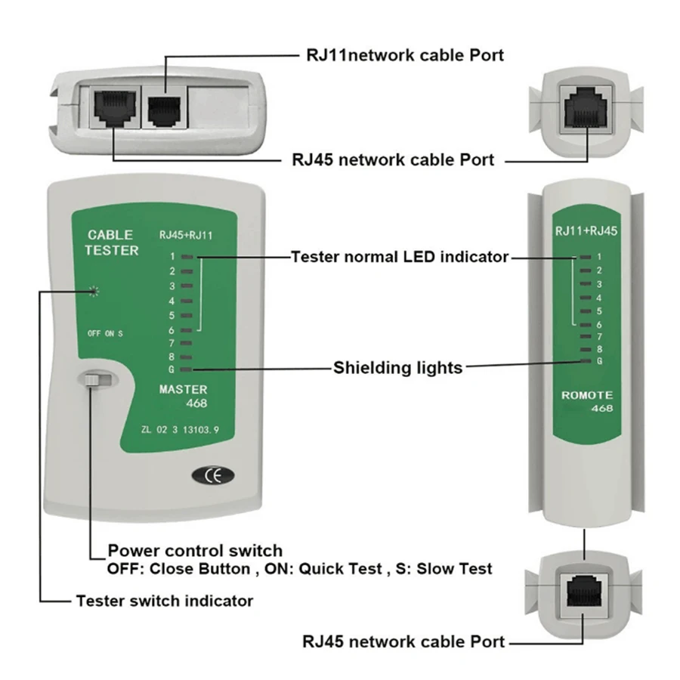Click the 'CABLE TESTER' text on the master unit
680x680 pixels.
click(x=112, y=243)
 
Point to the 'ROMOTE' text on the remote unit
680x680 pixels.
click(x=587, y=395)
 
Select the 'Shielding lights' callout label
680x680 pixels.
click(x=397, y=368)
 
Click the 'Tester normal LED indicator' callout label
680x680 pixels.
click(x=400, y=257)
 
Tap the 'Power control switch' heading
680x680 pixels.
click(x=195, y=550)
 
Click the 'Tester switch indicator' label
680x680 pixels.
click(x=164, y=601)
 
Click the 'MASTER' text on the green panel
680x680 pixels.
click(x=183, y=390)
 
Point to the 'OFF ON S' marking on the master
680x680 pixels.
click(x=105, y=333)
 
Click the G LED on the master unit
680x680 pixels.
click(x=187, y=369)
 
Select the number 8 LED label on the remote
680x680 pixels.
click(x=598, y=348)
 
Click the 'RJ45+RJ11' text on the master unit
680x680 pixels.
click(x=187, y=234)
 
